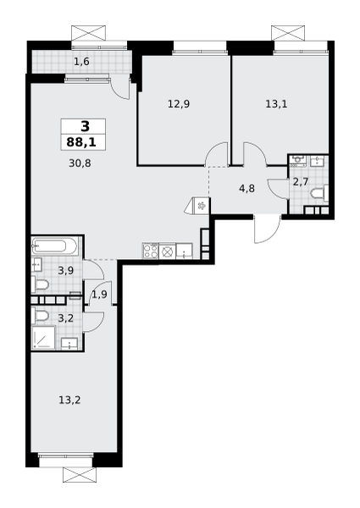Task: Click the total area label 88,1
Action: (81, 142)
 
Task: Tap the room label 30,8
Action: (80, 163)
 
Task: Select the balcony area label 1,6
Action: (81, 62)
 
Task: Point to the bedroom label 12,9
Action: (179, 104)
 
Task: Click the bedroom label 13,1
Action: (276, 104)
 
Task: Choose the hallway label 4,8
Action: (246, 188)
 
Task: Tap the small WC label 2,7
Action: (301, 182)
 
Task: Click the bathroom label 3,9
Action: (66, 271)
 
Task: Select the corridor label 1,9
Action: (99, 295)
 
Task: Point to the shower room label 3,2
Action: (66, 318)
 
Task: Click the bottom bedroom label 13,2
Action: (69, 400)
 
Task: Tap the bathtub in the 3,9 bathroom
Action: (55, 246)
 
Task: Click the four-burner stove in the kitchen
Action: (150, 251)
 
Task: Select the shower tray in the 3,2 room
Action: (43, 338)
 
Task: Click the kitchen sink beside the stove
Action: (184, 251)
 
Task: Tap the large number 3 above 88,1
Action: (85, 126)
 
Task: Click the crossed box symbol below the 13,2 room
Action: (80, 475)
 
